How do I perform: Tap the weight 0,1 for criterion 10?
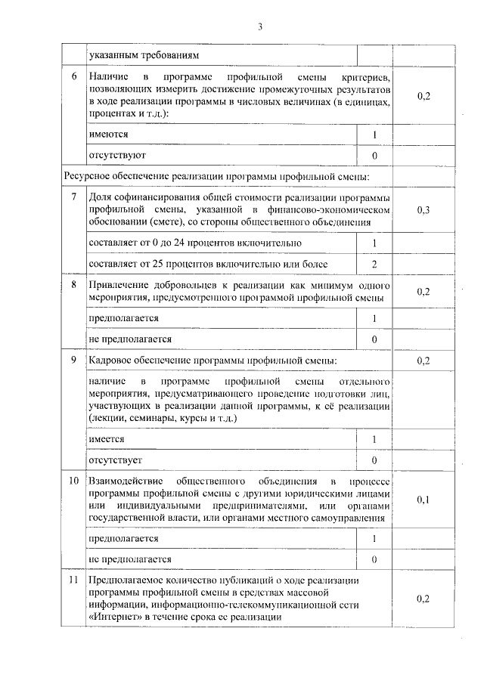click(423, 500)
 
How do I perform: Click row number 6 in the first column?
click(73, 78)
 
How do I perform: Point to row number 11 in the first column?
click(73, 580)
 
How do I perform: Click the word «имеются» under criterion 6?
click(107, 134)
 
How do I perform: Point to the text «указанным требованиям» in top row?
click(138, 55)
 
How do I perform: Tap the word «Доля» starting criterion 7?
click(101, 197)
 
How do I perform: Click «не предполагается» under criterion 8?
click(130, 339)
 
